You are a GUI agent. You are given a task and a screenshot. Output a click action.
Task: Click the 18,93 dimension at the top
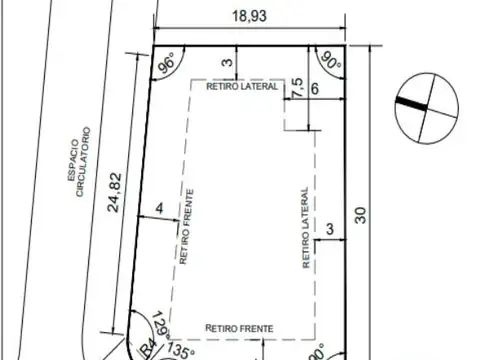coord(250,17)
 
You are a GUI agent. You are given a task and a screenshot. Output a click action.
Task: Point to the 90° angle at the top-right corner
coord(330,63)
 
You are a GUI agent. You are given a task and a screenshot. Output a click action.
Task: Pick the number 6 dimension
coord(316,89)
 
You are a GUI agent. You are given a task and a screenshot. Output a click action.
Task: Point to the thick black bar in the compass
coord(410,100)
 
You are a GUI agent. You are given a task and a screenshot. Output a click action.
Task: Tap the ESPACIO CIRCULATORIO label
coord(79,162)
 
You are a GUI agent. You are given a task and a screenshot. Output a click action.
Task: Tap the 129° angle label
coord(160,325)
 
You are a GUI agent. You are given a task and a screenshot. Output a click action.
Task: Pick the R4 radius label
coord(146,349)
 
